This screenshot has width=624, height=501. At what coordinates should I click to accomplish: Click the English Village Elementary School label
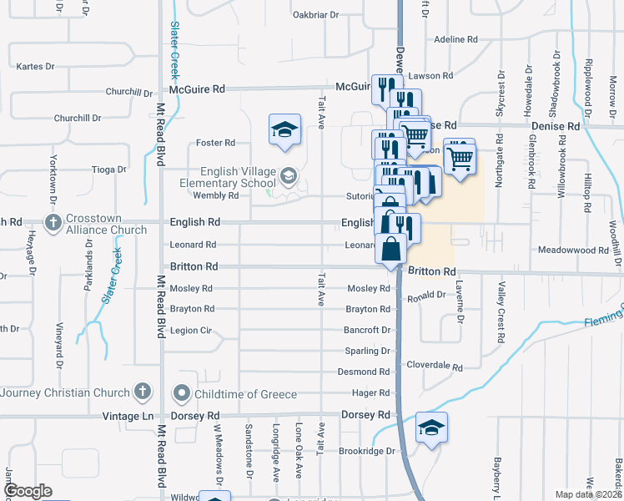point(229,176)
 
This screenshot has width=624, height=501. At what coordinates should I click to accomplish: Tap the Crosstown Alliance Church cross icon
point(53,222)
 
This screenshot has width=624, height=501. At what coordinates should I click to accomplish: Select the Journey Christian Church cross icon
point(143,391)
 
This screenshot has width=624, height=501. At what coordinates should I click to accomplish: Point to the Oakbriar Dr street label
point(316,15)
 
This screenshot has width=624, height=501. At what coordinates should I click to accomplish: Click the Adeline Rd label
point(456,39)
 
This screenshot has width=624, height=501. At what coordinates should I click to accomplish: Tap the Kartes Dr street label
point(35,66)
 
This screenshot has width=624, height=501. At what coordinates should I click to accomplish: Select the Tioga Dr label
point(108,169)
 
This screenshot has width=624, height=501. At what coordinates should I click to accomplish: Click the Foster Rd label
point(215,143)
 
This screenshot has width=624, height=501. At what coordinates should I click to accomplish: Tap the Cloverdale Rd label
point(434,366)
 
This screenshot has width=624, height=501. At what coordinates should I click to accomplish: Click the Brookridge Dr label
point(366,451)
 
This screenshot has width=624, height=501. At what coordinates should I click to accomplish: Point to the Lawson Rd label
point(430,76)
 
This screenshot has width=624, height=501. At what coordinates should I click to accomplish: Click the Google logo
point(27,491)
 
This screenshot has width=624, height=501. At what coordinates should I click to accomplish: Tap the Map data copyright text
point(588,494)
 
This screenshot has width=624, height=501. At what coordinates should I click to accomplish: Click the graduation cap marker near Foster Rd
point(284,130)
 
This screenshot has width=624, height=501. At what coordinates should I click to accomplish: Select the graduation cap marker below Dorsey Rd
point(431,428)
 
